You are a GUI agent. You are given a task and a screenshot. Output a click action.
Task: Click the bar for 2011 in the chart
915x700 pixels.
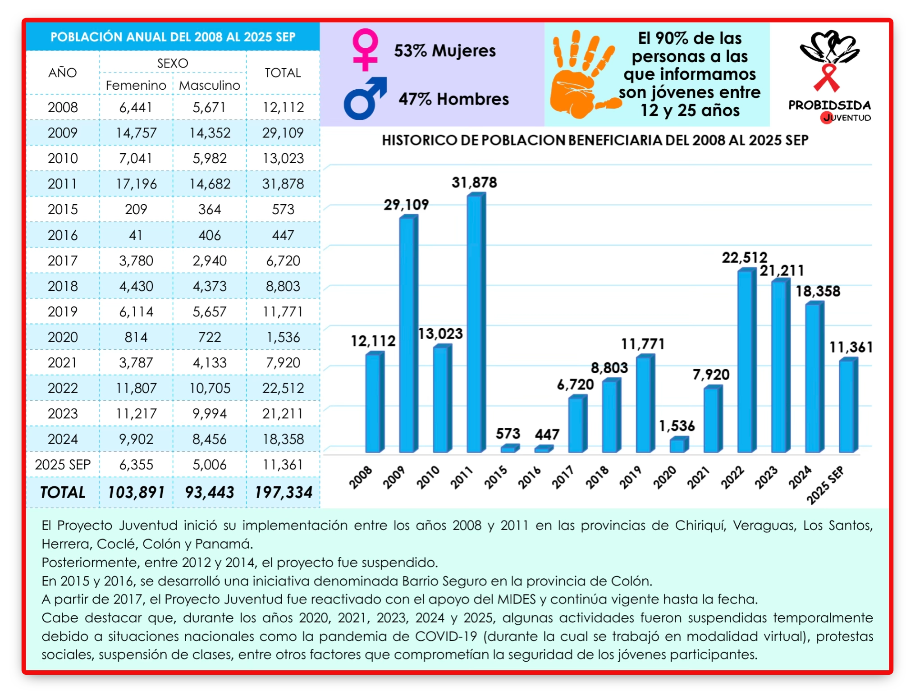pos(476,322)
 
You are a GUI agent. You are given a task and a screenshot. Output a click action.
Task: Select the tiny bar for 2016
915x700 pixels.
pos(544,448)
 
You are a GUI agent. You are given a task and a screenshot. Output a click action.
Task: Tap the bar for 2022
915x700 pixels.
pos(747,360)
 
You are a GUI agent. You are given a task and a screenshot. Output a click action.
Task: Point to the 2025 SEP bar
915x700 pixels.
pos(848,405)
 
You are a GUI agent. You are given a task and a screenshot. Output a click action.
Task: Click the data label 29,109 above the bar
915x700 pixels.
pos(406,205)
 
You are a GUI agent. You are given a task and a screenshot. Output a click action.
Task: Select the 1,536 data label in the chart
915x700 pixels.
pos(677,426)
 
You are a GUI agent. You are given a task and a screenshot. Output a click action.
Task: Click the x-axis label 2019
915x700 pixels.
pos(630,477)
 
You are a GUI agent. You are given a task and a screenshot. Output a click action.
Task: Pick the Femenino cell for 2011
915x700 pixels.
pos(136,184)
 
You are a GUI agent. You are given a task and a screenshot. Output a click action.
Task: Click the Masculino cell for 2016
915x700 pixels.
pos(210,235)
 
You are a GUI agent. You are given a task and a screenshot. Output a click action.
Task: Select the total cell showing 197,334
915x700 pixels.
pos(284,492)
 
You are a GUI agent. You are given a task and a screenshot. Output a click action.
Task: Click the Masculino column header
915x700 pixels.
pos(210,85)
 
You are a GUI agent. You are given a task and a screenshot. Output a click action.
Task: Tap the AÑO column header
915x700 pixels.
pos(63,73)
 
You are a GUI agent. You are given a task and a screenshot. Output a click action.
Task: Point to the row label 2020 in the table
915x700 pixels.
pos(63,337)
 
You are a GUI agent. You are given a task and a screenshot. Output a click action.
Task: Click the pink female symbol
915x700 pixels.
pos(365,50)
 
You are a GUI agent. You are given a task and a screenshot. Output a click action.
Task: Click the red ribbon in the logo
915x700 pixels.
pos(827,78)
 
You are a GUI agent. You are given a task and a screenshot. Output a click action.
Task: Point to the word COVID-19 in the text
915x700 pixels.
pos(446,636)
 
